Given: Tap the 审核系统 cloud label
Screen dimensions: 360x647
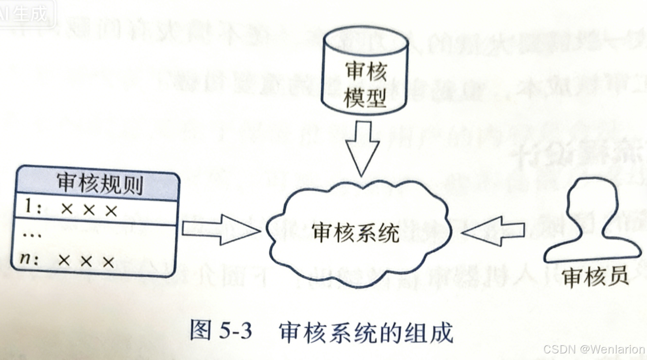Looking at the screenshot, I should point(355,232).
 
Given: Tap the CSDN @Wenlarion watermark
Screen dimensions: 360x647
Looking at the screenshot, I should point(593,350).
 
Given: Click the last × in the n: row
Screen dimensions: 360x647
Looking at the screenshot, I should point(109,261).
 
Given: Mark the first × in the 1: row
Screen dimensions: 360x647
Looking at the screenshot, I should point(66,210).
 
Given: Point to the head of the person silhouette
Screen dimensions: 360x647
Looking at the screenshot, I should point(592,200).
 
